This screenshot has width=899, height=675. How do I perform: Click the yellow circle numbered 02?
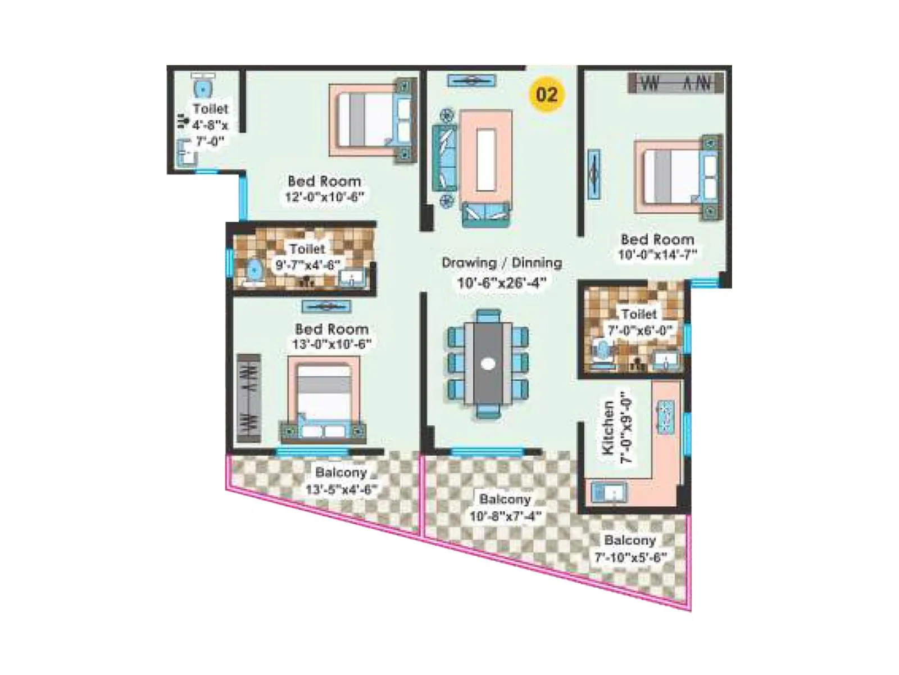point(547,94)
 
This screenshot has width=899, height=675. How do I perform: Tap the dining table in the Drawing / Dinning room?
point(488,363)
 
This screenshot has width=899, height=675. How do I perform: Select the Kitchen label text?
point(608,427)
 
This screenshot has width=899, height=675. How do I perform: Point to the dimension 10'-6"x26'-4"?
point(501,282)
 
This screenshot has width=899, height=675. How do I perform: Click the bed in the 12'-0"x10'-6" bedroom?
point(371,120)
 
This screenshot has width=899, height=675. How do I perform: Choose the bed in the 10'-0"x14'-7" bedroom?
point(677,175)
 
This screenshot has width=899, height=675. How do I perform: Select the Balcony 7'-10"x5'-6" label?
point(630,548)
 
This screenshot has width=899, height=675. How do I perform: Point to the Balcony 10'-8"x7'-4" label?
point(505,507)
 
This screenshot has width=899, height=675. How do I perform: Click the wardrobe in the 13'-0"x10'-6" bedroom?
point(248,398)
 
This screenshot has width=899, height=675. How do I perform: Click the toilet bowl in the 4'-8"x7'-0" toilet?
point(202,88)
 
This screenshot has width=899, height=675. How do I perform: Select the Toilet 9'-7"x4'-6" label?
point(307,256)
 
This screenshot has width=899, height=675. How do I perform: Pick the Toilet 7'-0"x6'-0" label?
point(639,322)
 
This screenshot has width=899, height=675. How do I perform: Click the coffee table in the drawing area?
point(486,159)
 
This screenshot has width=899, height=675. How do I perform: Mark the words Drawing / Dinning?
point(501,263)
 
